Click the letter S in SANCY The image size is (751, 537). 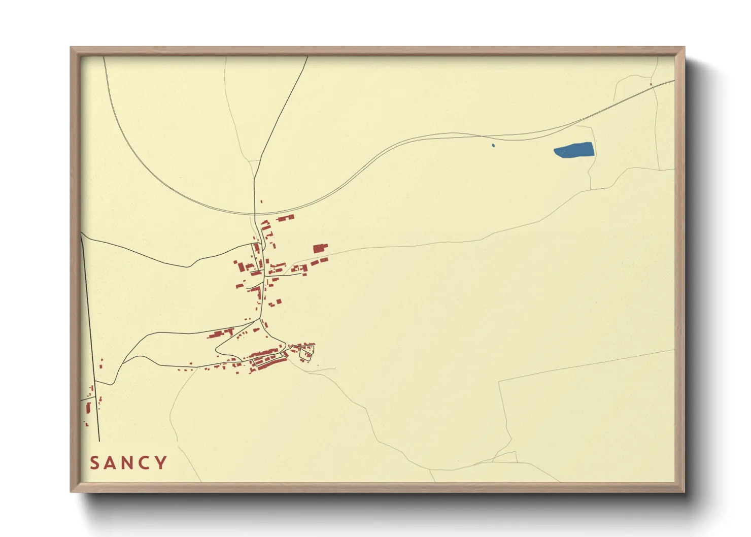[94, 463]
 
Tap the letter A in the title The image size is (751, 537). [111, 463]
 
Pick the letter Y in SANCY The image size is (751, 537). [162, 463]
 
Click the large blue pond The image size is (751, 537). [574, 150]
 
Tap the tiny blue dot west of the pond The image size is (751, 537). [493, 146]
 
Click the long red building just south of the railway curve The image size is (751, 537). [285, 218]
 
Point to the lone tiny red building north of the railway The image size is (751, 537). [261, 202]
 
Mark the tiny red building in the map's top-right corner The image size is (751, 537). [651, 84]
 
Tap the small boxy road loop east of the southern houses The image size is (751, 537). [306, 350]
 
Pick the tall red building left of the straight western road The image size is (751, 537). [89, 409]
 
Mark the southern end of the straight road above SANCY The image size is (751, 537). [99, 441]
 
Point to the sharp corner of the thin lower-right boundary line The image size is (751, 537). [499, 381]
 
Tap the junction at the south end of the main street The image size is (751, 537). [260, 319]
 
